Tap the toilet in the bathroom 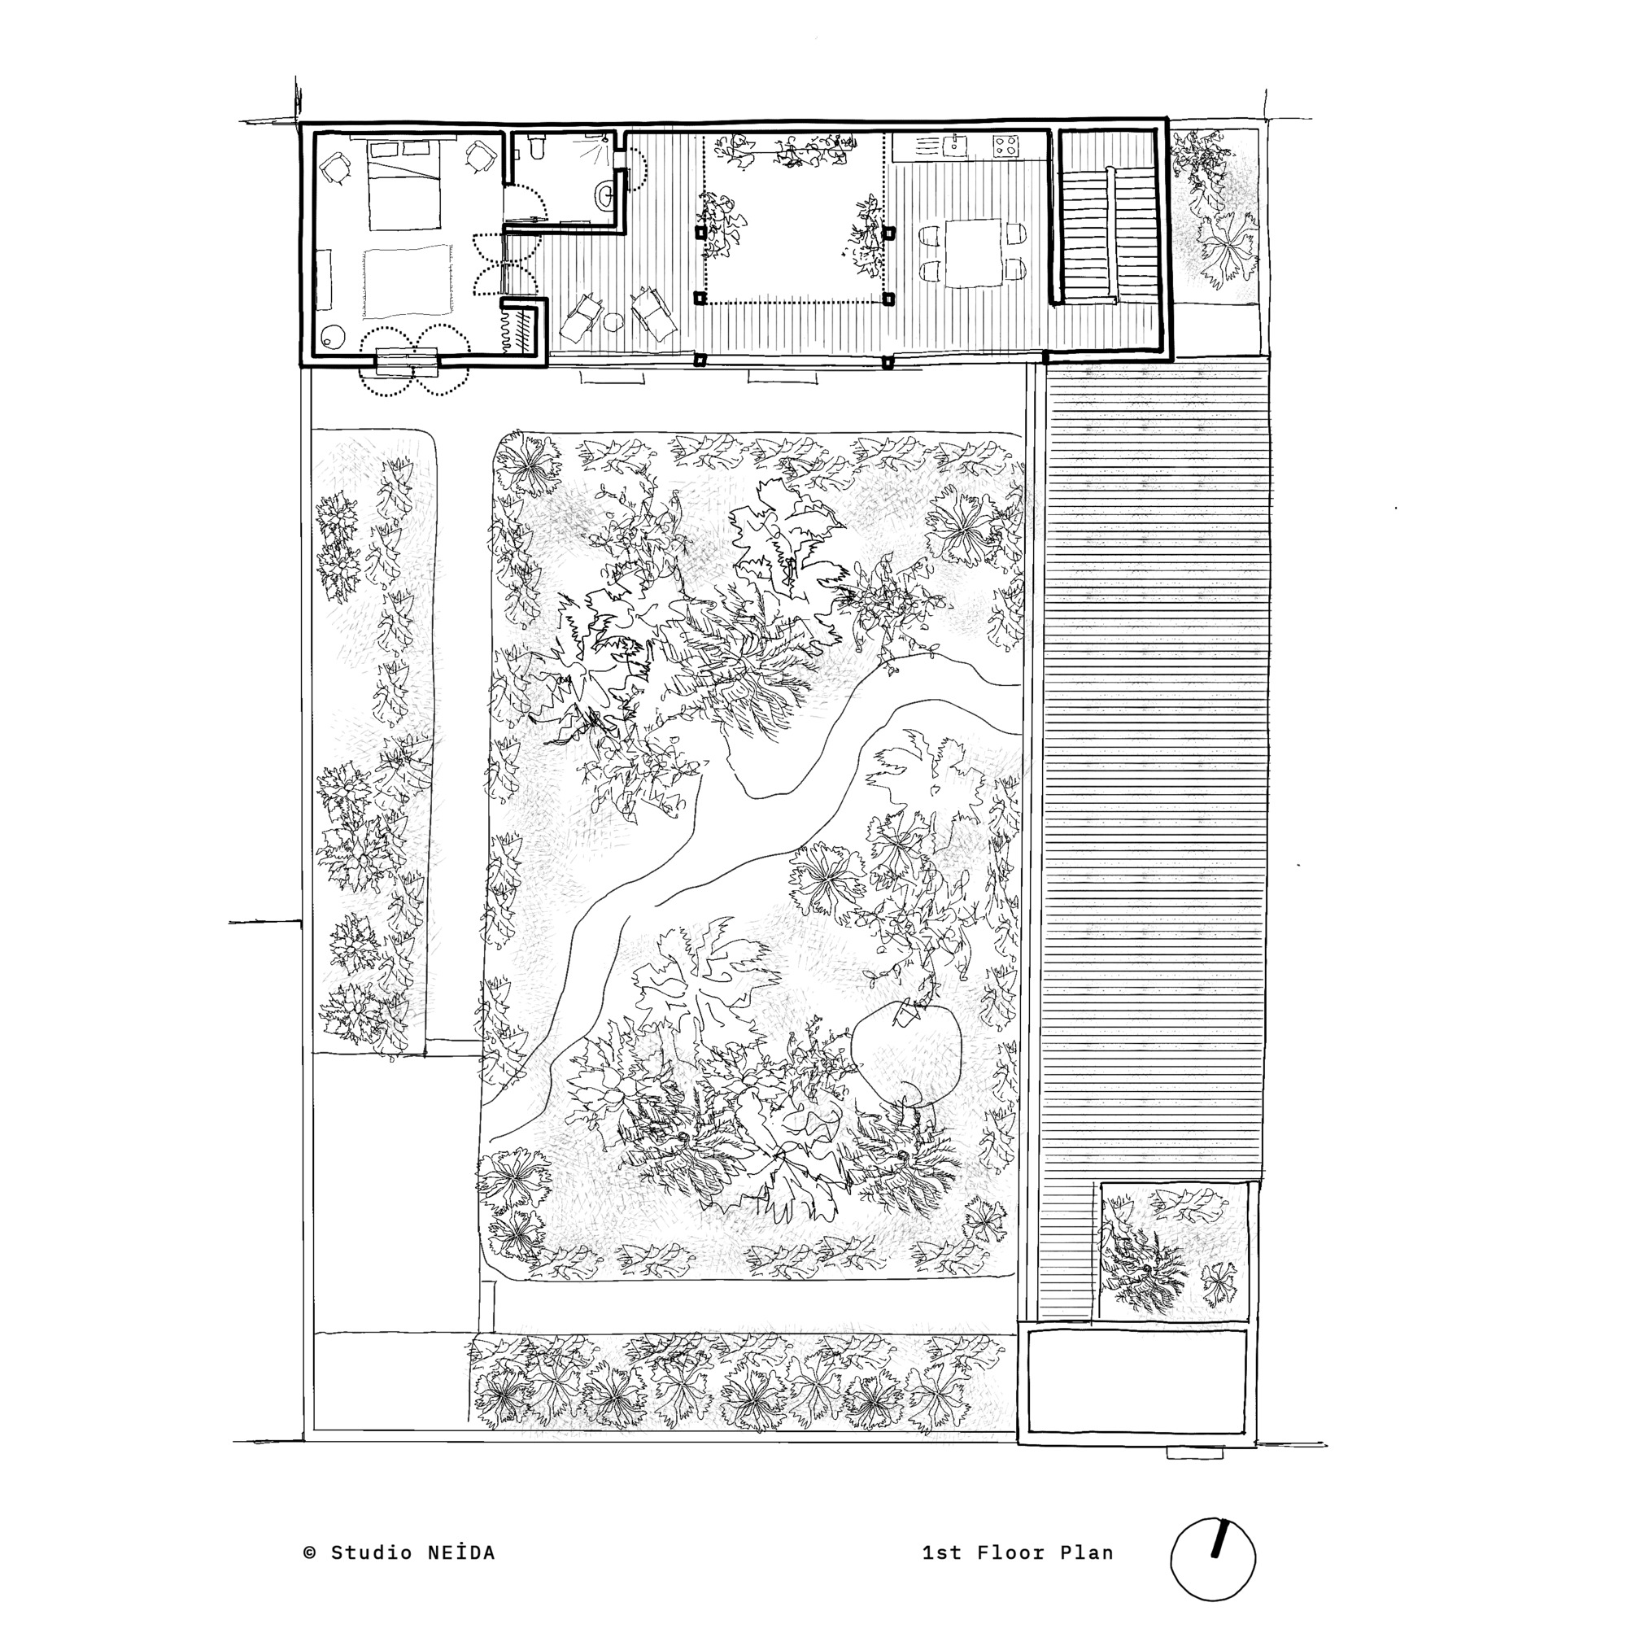(x=535, y=151)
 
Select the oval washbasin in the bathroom (x=604, y=196)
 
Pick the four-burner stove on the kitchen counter (x=1006, y=146)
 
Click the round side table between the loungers (x=614, y=322)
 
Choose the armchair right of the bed (x=482, y=157)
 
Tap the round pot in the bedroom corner (x=330, y=338)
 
